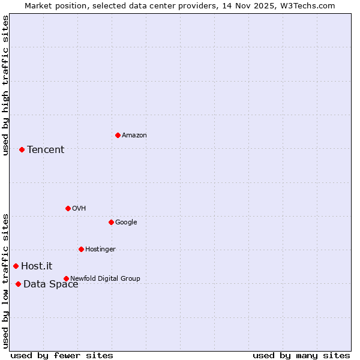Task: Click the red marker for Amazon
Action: tap(118, 135)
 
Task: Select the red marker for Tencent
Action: tap(22, 149)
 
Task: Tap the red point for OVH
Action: tap(68, 208)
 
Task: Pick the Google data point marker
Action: tap(111, 222)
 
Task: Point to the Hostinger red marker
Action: tap(81, 249)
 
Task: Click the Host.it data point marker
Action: tap(16, 266)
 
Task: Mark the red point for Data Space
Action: tap(18, 284)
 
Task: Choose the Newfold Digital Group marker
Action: tap(66, 278)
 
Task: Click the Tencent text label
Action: tap(46, 149)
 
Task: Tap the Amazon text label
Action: tap(134, 135)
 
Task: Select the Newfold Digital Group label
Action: tap(105, 278)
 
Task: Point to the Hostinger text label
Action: tap(100, 249)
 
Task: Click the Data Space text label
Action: tap(51, 284)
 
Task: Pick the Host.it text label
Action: tap(37, 266)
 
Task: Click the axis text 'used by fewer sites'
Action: tap(62, 355)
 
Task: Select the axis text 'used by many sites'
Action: tap(301, 355)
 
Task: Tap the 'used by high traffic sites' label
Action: tap(6, 85)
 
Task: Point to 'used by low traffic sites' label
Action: tap(6, 281)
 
